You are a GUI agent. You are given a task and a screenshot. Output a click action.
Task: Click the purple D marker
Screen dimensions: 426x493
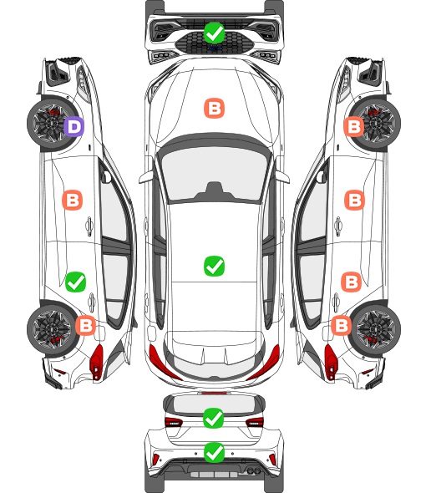pos(74,127)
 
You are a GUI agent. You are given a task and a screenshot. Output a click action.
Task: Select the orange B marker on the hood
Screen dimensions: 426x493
pos(215,109)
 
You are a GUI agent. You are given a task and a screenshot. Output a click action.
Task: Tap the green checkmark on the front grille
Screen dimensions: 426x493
pos(214,33)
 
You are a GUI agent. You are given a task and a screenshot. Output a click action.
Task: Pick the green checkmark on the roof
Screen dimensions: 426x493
pos(214,266)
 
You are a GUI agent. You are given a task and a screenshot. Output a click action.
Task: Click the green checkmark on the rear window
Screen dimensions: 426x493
pos(214,418)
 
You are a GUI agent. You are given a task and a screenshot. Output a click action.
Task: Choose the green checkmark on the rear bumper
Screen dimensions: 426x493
pos(214,453)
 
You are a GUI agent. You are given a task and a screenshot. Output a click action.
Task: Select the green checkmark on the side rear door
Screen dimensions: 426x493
pos(75,282)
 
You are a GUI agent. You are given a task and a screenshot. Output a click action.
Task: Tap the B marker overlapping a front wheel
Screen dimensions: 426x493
pos(353,127)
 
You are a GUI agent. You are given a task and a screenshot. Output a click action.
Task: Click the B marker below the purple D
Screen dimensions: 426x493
pos(73,200)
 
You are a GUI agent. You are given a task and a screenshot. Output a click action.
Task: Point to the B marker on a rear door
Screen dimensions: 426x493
pos(351,282)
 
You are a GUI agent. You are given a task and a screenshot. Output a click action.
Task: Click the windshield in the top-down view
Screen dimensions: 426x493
pos(215,174)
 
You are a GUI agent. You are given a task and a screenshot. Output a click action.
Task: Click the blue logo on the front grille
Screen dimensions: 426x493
pos(215,48)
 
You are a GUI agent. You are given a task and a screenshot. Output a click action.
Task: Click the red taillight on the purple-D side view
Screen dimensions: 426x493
pos(97,362)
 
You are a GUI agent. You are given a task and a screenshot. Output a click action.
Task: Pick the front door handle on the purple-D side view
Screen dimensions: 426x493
pos(89,226)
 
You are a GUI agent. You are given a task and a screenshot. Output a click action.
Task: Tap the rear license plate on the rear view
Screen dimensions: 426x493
pos(214,475)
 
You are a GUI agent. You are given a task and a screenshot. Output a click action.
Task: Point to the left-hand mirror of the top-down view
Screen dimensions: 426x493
pos(146,177)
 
